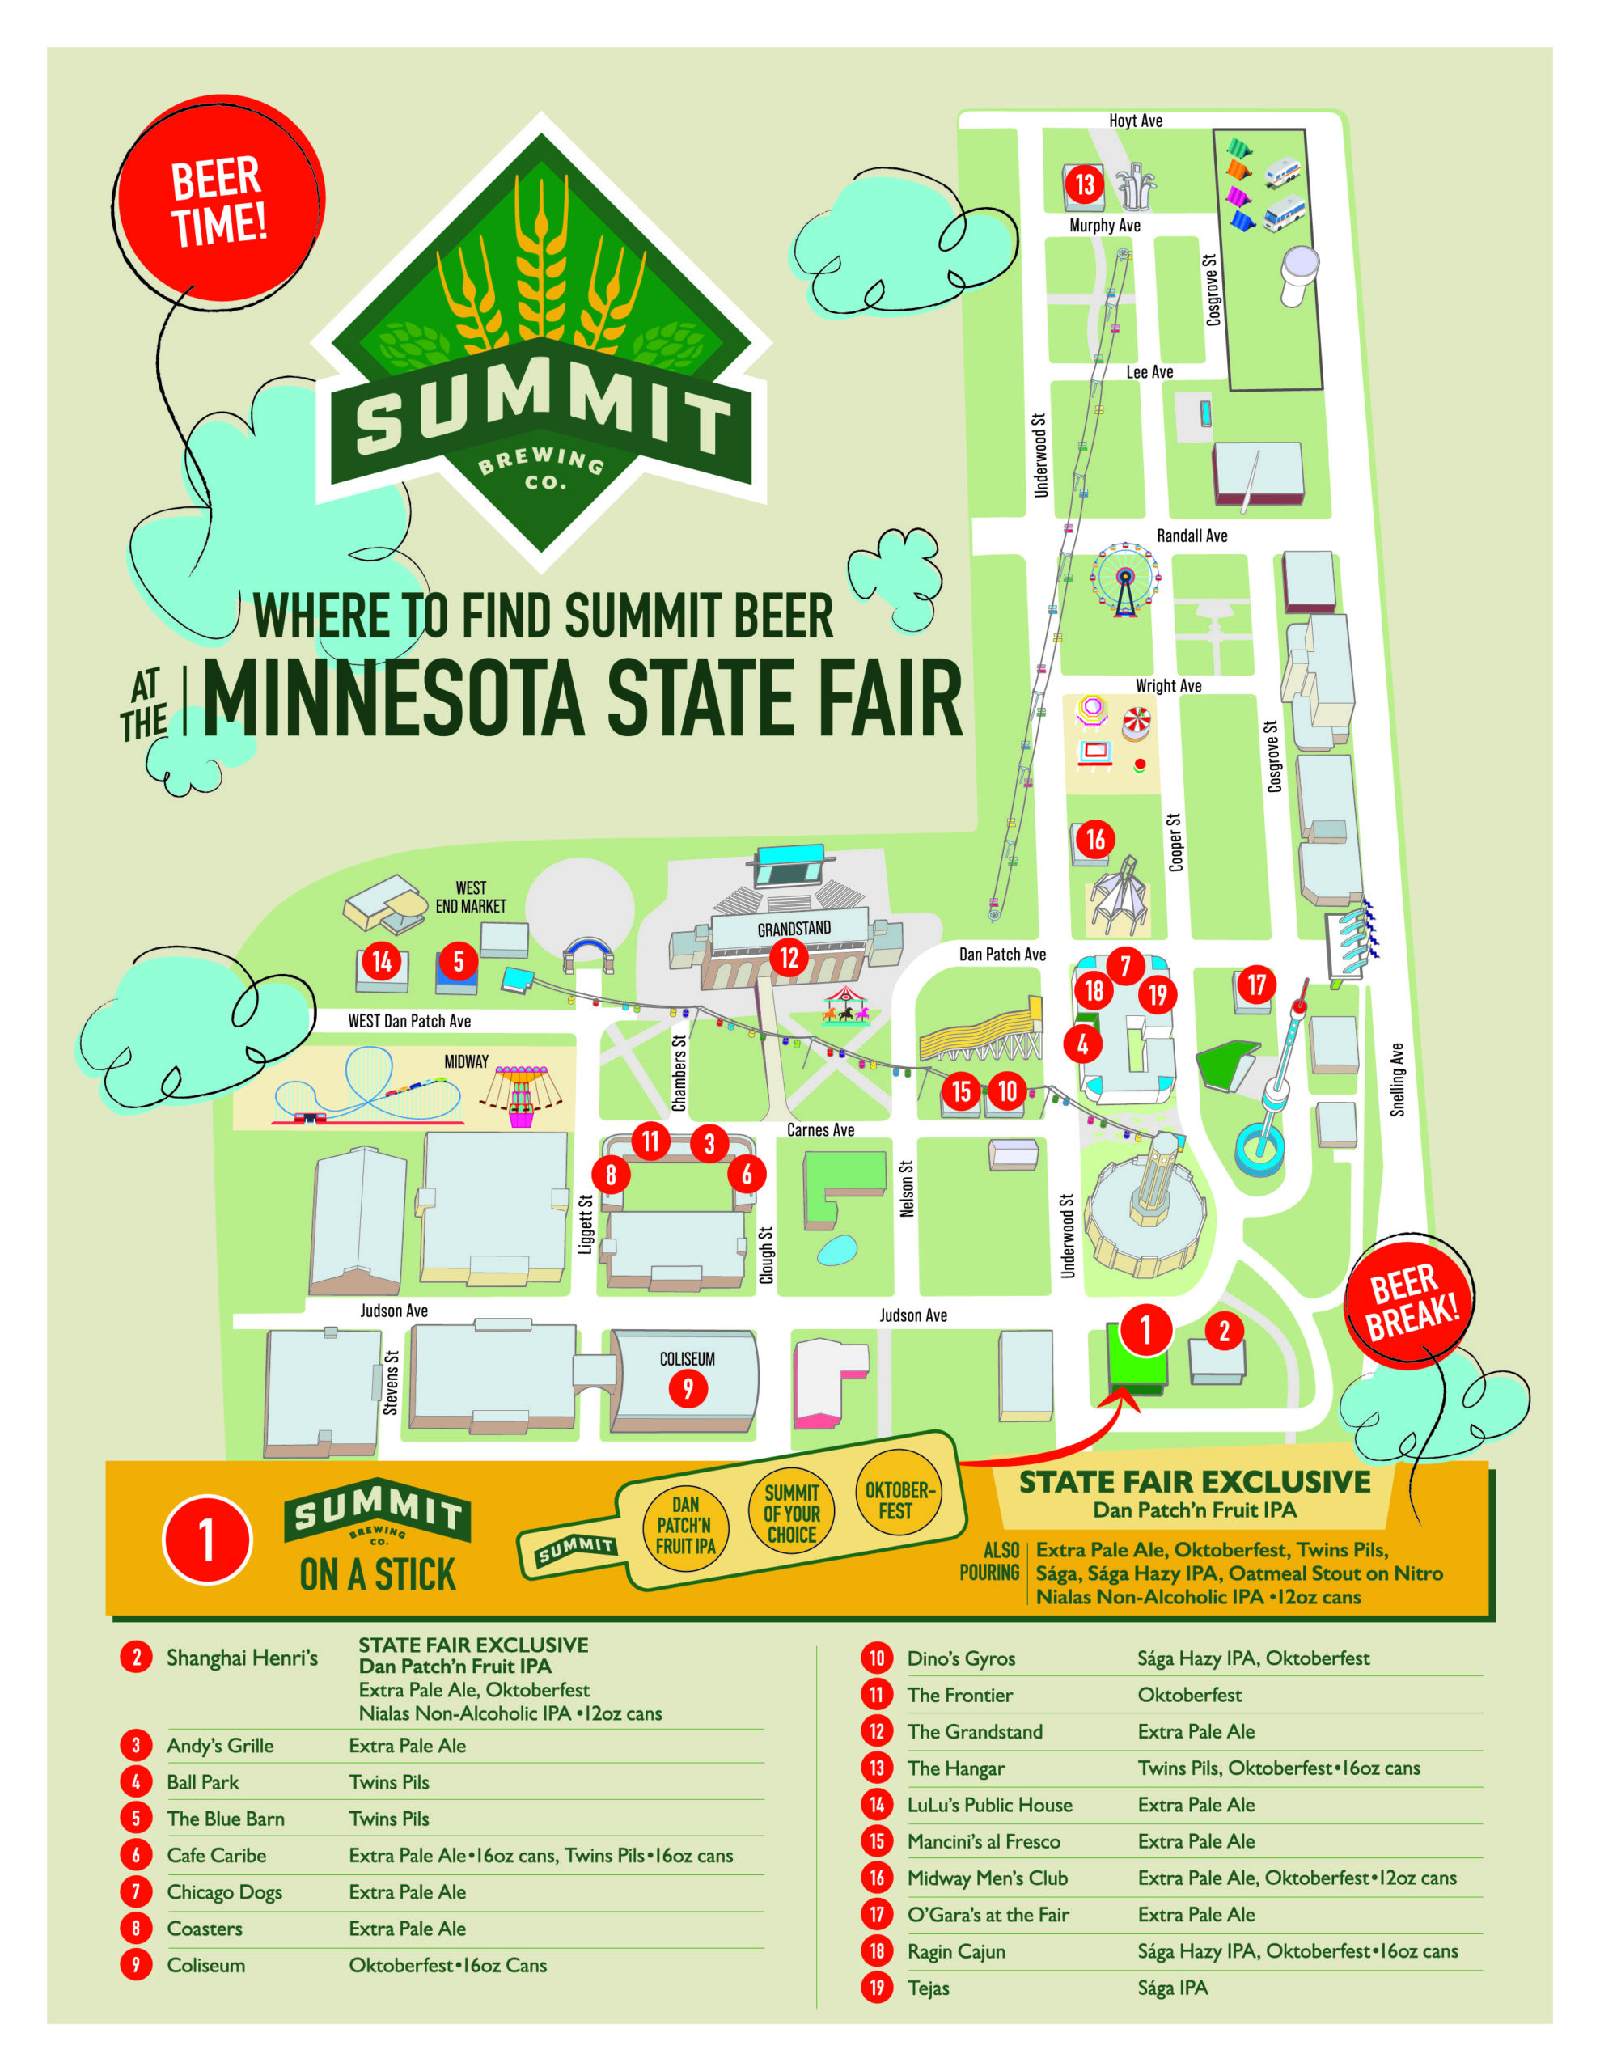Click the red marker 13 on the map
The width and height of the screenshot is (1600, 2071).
tap(1084, 183)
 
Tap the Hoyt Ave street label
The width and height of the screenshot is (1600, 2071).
tap(1135, 121)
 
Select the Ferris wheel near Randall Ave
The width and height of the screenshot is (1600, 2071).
tap(1125, 578)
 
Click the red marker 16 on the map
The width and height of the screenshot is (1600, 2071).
tap(1095, 838)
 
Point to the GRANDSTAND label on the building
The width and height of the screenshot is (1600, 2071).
tap(793, 929)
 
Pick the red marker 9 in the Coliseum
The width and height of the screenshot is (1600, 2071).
tap(688, 1389)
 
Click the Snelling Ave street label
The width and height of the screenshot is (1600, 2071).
tap(1397, 1079)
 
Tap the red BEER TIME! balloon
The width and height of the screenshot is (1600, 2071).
tap(219, 200)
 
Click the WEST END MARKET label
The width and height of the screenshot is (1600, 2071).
tap(471, 897)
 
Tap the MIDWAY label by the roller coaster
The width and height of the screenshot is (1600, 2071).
tap(466, 1061)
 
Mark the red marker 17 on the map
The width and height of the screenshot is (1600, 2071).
tap(1255, 985)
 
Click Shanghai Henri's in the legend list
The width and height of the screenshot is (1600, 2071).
tap(242, 1658)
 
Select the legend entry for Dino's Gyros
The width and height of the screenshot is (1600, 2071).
tap(961, 1658)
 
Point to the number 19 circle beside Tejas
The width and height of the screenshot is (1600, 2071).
tap(876, 1988)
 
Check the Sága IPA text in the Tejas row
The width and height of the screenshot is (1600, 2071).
tap(1172, 1988)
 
